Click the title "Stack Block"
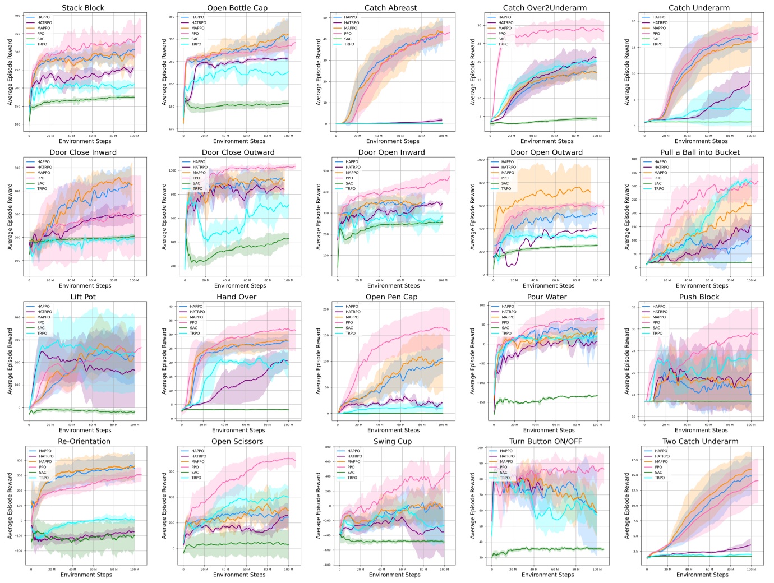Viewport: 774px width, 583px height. [x=83, y=8]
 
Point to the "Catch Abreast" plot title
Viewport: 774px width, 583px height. [x=390, y=8]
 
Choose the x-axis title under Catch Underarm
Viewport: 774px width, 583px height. [x=701, y=141]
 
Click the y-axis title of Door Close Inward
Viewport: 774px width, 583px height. [x=10, y=215]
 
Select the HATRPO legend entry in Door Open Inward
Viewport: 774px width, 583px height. [x=353, y=167]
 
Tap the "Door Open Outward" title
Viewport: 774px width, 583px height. [x=546, y=152]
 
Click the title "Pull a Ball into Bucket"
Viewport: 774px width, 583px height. [x=699, y=152]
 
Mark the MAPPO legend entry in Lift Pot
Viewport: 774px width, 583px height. [x=43, y=317]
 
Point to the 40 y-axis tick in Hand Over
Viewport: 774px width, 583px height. [x=173, y=306]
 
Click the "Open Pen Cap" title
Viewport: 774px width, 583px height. [x=391, y=297]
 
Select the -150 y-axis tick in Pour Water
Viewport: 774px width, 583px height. [x=480, y=402]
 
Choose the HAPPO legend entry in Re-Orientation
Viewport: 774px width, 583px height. [x=45, y=451]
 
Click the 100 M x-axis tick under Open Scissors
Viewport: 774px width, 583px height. [x=288, y=568]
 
